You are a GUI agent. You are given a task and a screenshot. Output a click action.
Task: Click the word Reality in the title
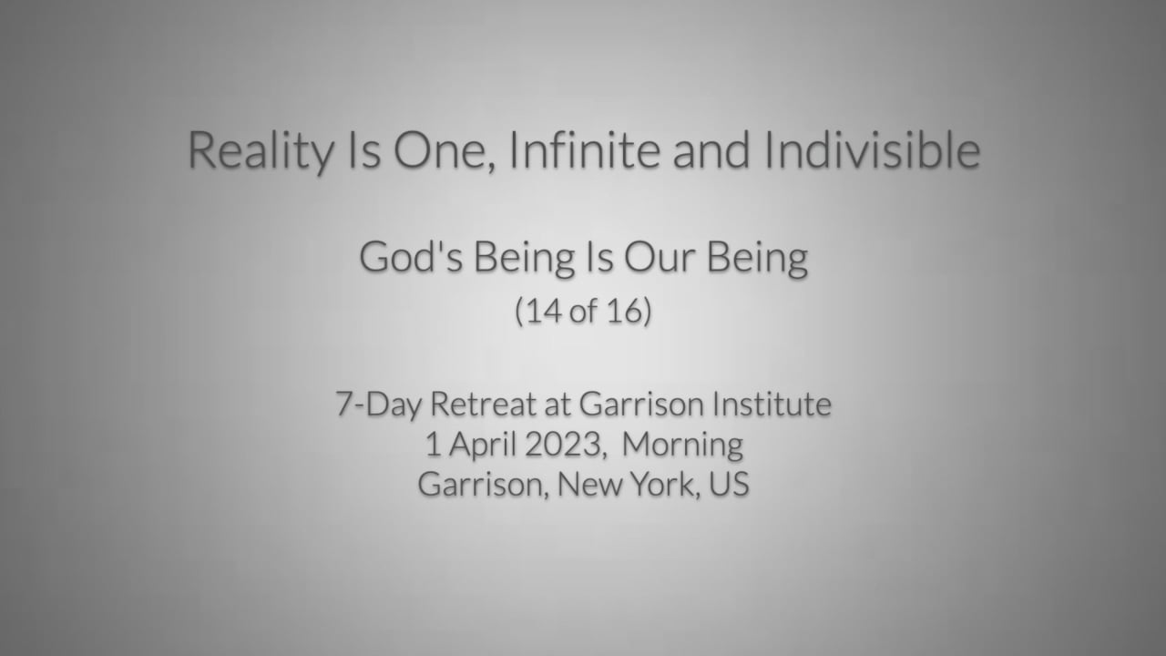261,151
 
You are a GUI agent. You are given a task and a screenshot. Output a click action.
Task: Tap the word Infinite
585,150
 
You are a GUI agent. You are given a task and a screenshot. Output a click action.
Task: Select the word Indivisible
873,150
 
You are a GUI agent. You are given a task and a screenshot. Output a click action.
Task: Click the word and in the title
711,150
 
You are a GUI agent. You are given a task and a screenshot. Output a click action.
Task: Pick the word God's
411,257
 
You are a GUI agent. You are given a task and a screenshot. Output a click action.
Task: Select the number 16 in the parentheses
624,312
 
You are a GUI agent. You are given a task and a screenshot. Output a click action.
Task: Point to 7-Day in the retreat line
378,405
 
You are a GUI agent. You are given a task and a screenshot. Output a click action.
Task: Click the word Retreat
483,404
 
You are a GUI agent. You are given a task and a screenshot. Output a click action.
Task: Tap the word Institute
772,404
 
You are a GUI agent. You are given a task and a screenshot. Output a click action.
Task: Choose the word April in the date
482,446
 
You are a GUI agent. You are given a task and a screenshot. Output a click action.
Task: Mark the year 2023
563,445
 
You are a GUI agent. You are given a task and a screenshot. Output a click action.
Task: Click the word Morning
682,446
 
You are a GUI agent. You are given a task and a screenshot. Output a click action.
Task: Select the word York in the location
662,484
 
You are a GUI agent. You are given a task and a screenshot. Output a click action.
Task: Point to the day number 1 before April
433,445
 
